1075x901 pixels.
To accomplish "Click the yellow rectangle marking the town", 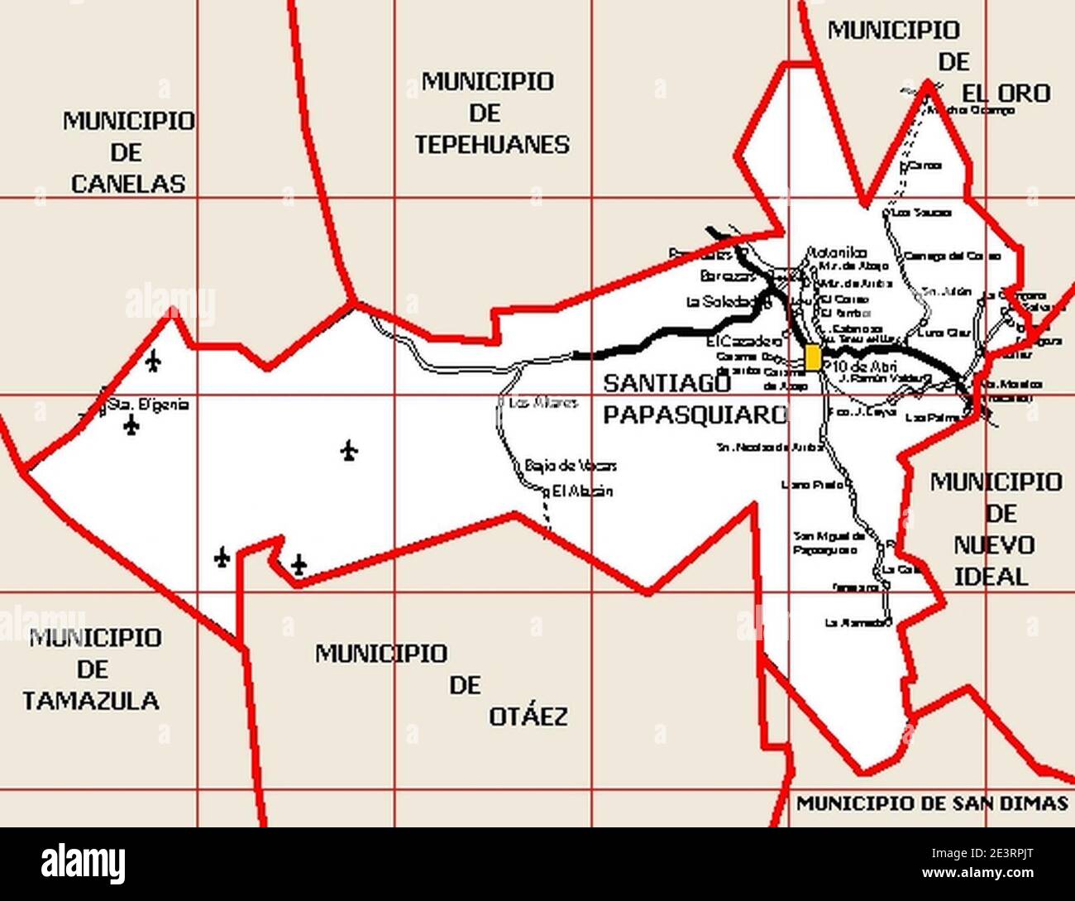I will tap(813, 357).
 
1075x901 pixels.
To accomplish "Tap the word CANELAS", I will tap(127, 184).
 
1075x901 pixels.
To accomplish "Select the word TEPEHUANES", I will tap(491, 145).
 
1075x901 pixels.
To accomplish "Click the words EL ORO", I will tap(1005, 93).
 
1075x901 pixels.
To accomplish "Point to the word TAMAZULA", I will tap(91, 701).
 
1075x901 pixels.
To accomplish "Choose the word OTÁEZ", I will tap(528, 716).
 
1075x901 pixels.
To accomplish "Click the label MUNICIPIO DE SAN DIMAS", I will tap(932, 803).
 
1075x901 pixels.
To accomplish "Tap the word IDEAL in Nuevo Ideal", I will tap(991, 576).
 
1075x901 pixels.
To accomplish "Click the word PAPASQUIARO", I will tap(695, 415).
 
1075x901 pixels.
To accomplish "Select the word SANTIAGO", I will tap(667, 384).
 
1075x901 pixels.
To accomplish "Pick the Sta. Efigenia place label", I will tap(148, 405).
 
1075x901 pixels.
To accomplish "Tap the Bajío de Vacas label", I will tap(571, 466).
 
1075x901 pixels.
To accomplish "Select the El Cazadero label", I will tap(744, 341).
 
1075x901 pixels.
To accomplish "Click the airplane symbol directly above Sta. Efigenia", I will tap(152, 361).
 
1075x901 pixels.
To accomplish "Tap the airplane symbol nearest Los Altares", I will tap(349, 451).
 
